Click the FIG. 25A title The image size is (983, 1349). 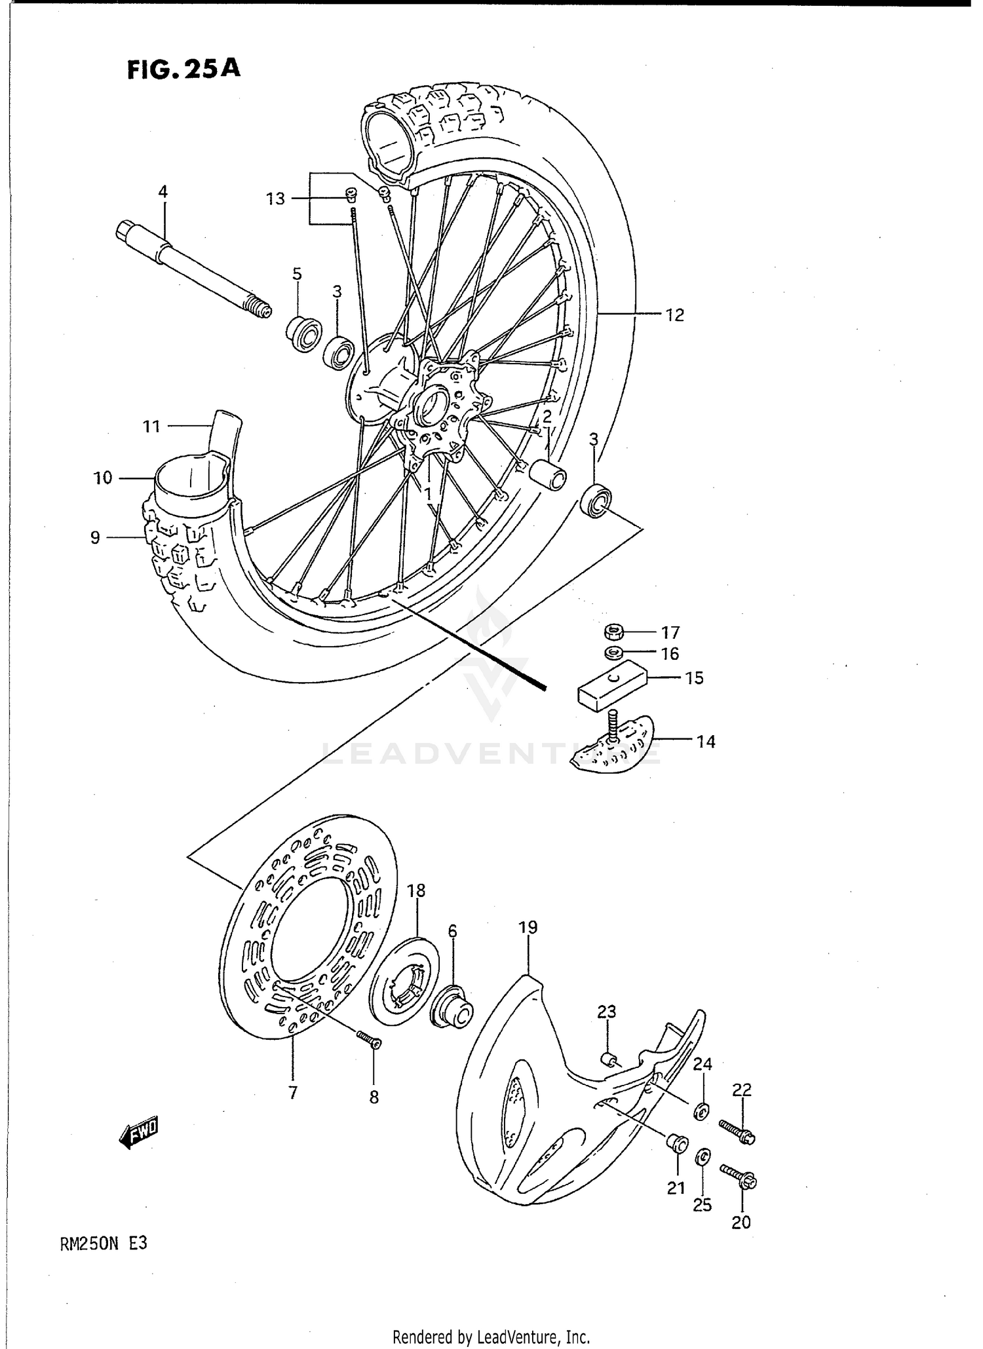pyautogui.click(x=183, y=68)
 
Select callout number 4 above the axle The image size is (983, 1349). pyautogui.click(x=163, y=192)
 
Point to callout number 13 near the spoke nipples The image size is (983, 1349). pyautogui.click(x=276, y=198)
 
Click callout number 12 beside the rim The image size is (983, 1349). pyautogui.click(x=674, y=315)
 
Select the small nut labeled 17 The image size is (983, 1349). pyautogui.click(x=613, y=632)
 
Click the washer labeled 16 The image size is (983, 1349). pyautogui.click(x=613, y=653)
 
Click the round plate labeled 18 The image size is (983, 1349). pyautogui.click(x=404, y=980)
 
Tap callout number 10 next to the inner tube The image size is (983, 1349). pyautogui.click(x=103, y=478)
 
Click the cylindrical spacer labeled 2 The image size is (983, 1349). pyautogui.click(x=549, y=474)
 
